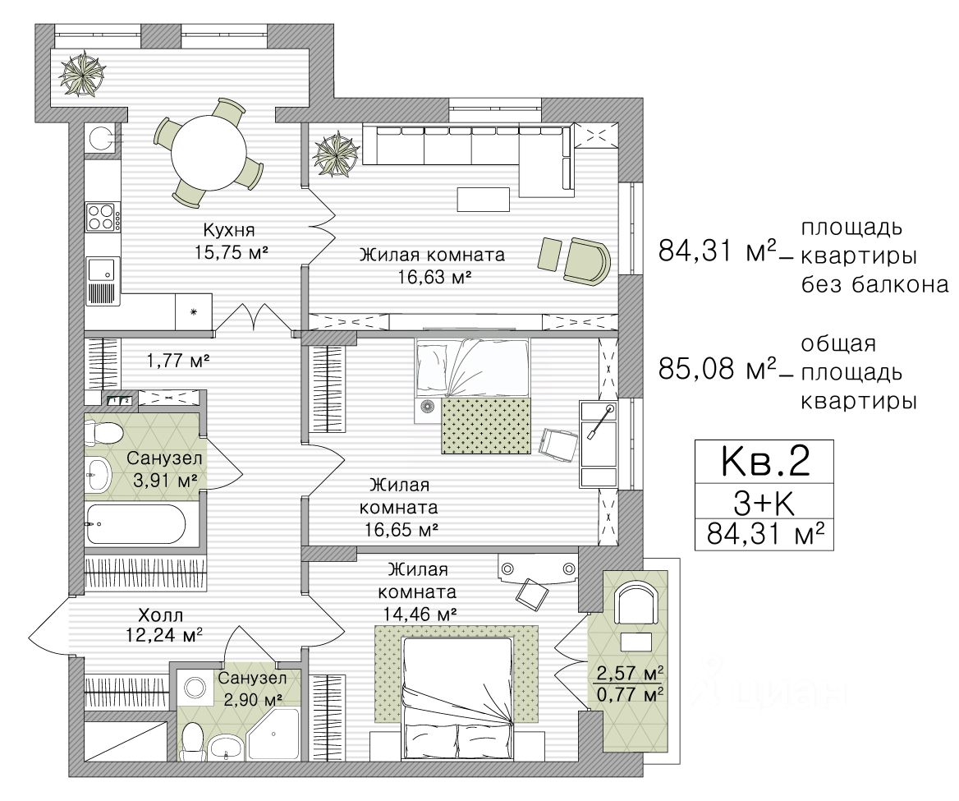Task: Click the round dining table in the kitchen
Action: click(209, 152)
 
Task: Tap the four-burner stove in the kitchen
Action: click(102, 217)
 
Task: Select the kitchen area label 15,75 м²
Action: click(232, 252)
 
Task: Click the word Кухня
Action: click(229, 230)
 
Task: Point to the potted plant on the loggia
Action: click(82, 74)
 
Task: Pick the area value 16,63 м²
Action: click(434, 277)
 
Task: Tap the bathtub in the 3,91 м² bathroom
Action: click(135, 524)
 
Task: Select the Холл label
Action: click(160, 615)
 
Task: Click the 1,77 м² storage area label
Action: click(178, 361)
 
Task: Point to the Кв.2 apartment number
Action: click(765, 461)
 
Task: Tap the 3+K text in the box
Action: click(764, 504)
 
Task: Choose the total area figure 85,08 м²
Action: click(717, 369)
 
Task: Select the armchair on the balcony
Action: click(636, 603)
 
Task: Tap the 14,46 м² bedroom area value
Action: click(420, 613)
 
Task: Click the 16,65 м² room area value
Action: click(401, 529)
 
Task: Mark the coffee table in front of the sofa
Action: click(483, 199)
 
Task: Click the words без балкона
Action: click(874, 284)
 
